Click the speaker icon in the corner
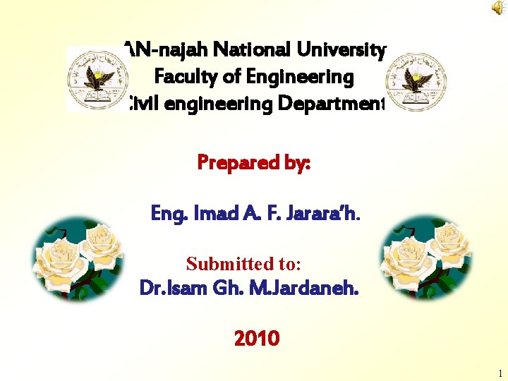point(498,8)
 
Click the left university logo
point(97,79)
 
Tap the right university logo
point(411,79)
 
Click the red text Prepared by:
point(254,163)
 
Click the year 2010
point(256,339)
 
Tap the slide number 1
point(500,374)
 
